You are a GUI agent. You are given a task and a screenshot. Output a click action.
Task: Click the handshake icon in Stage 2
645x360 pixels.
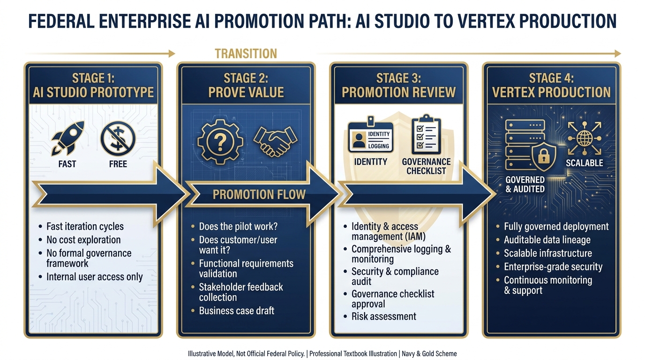point(275,140)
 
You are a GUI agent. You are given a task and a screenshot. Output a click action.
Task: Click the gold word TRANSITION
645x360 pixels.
point(246,53)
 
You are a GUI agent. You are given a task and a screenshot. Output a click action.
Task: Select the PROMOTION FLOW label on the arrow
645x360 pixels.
point(259,194)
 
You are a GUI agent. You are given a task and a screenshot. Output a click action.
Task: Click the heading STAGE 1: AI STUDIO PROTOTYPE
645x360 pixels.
point(93,85)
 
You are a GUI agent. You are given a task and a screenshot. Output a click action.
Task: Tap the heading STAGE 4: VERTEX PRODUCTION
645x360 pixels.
point(551,85)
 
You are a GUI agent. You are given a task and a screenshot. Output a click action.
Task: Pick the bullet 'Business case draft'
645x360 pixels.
point(236,310)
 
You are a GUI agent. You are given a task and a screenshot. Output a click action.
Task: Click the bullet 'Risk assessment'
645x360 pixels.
point(383,316)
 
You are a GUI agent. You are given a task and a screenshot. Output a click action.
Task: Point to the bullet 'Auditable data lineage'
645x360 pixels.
point(547,240)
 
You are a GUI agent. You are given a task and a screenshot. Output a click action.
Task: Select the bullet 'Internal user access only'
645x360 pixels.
point(94,277)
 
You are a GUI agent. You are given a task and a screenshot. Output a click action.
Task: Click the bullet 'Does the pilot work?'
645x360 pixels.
point(238,226)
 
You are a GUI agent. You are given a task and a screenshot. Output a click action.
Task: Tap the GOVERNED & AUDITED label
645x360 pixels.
point(525,184)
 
